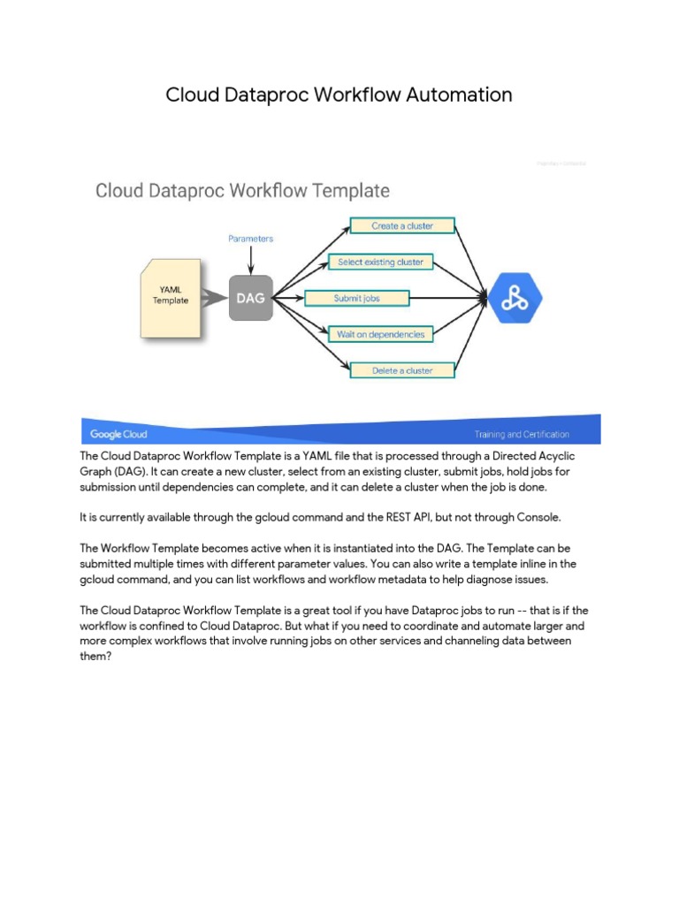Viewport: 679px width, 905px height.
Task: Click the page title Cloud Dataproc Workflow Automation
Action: (x=339, y=95)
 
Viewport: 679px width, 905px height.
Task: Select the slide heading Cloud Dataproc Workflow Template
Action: (x=242, y=190)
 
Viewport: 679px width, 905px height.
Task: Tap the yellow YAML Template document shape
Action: (x=170, y=297)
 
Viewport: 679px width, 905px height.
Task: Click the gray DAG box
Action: (x=251, y=299)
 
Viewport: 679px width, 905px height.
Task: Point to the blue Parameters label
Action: (x=250, y=239)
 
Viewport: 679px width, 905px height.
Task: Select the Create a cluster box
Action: (x=402, y=226)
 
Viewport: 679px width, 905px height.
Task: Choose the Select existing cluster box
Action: (x=380, y=262)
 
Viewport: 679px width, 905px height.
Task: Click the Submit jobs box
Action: (x=356, y=299)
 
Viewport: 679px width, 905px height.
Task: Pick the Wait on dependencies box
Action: (x=380, y=335)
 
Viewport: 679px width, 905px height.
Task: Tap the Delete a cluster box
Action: (x=402, y=371)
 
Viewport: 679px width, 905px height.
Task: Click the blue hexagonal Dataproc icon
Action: (x=515, y=299)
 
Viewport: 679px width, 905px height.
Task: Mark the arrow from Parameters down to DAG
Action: (x=251, y=260)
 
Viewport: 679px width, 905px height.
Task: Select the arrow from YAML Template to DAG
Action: (x=215, y=300)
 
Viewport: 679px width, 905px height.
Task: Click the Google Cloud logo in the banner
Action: (x=118, y=434)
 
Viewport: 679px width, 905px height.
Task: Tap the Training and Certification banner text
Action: (x=522, y=435)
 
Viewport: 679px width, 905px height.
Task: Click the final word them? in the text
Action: (x=95, y=657)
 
